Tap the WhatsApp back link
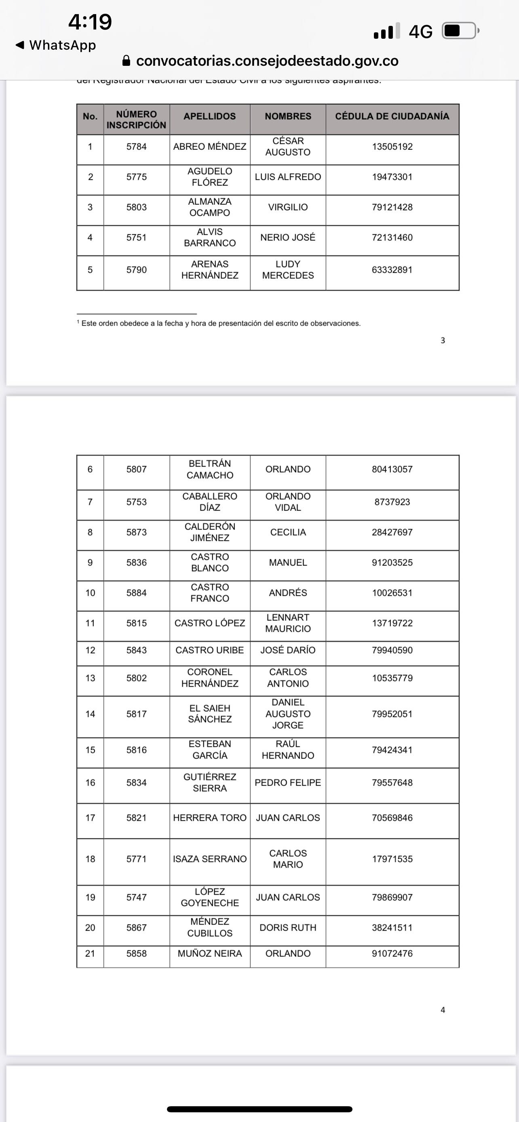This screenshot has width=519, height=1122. point(56,45)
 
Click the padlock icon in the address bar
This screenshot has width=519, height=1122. point(127,61)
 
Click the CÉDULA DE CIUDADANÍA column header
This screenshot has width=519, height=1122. point(392,116)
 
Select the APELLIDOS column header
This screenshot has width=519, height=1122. point(210,116)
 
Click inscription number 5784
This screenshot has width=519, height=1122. point(136,147)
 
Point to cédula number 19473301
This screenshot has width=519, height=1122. point(392,177)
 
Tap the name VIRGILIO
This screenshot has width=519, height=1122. point(288,207)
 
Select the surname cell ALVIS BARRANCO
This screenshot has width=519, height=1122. point(210,237)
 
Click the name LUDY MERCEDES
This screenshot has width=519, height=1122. point(288,270)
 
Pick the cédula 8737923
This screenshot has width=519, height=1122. point(392,502)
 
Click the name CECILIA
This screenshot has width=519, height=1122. point(288,532)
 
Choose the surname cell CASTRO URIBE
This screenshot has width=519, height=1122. point(210,650)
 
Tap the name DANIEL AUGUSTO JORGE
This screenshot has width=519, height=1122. point(288,714)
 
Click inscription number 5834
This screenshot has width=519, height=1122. point(136,783)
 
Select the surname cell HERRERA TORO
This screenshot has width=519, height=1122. point(210,818)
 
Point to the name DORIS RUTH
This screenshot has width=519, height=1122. point(288,928)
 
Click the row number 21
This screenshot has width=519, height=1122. point(90,954)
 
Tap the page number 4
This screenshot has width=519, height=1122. point(443,1010)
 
